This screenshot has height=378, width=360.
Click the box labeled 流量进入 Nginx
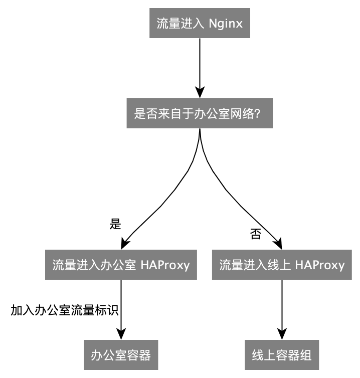200,24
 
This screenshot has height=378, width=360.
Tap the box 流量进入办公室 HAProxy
121,265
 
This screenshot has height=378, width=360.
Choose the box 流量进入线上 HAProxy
282,265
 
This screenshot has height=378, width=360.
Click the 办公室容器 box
121,355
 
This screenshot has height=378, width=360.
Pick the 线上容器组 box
282,355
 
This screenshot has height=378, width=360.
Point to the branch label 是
115,224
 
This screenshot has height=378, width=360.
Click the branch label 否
255,234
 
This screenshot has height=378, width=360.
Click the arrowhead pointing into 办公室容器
121,334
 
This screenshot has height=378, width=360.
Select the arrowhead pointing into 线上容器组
282,334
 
